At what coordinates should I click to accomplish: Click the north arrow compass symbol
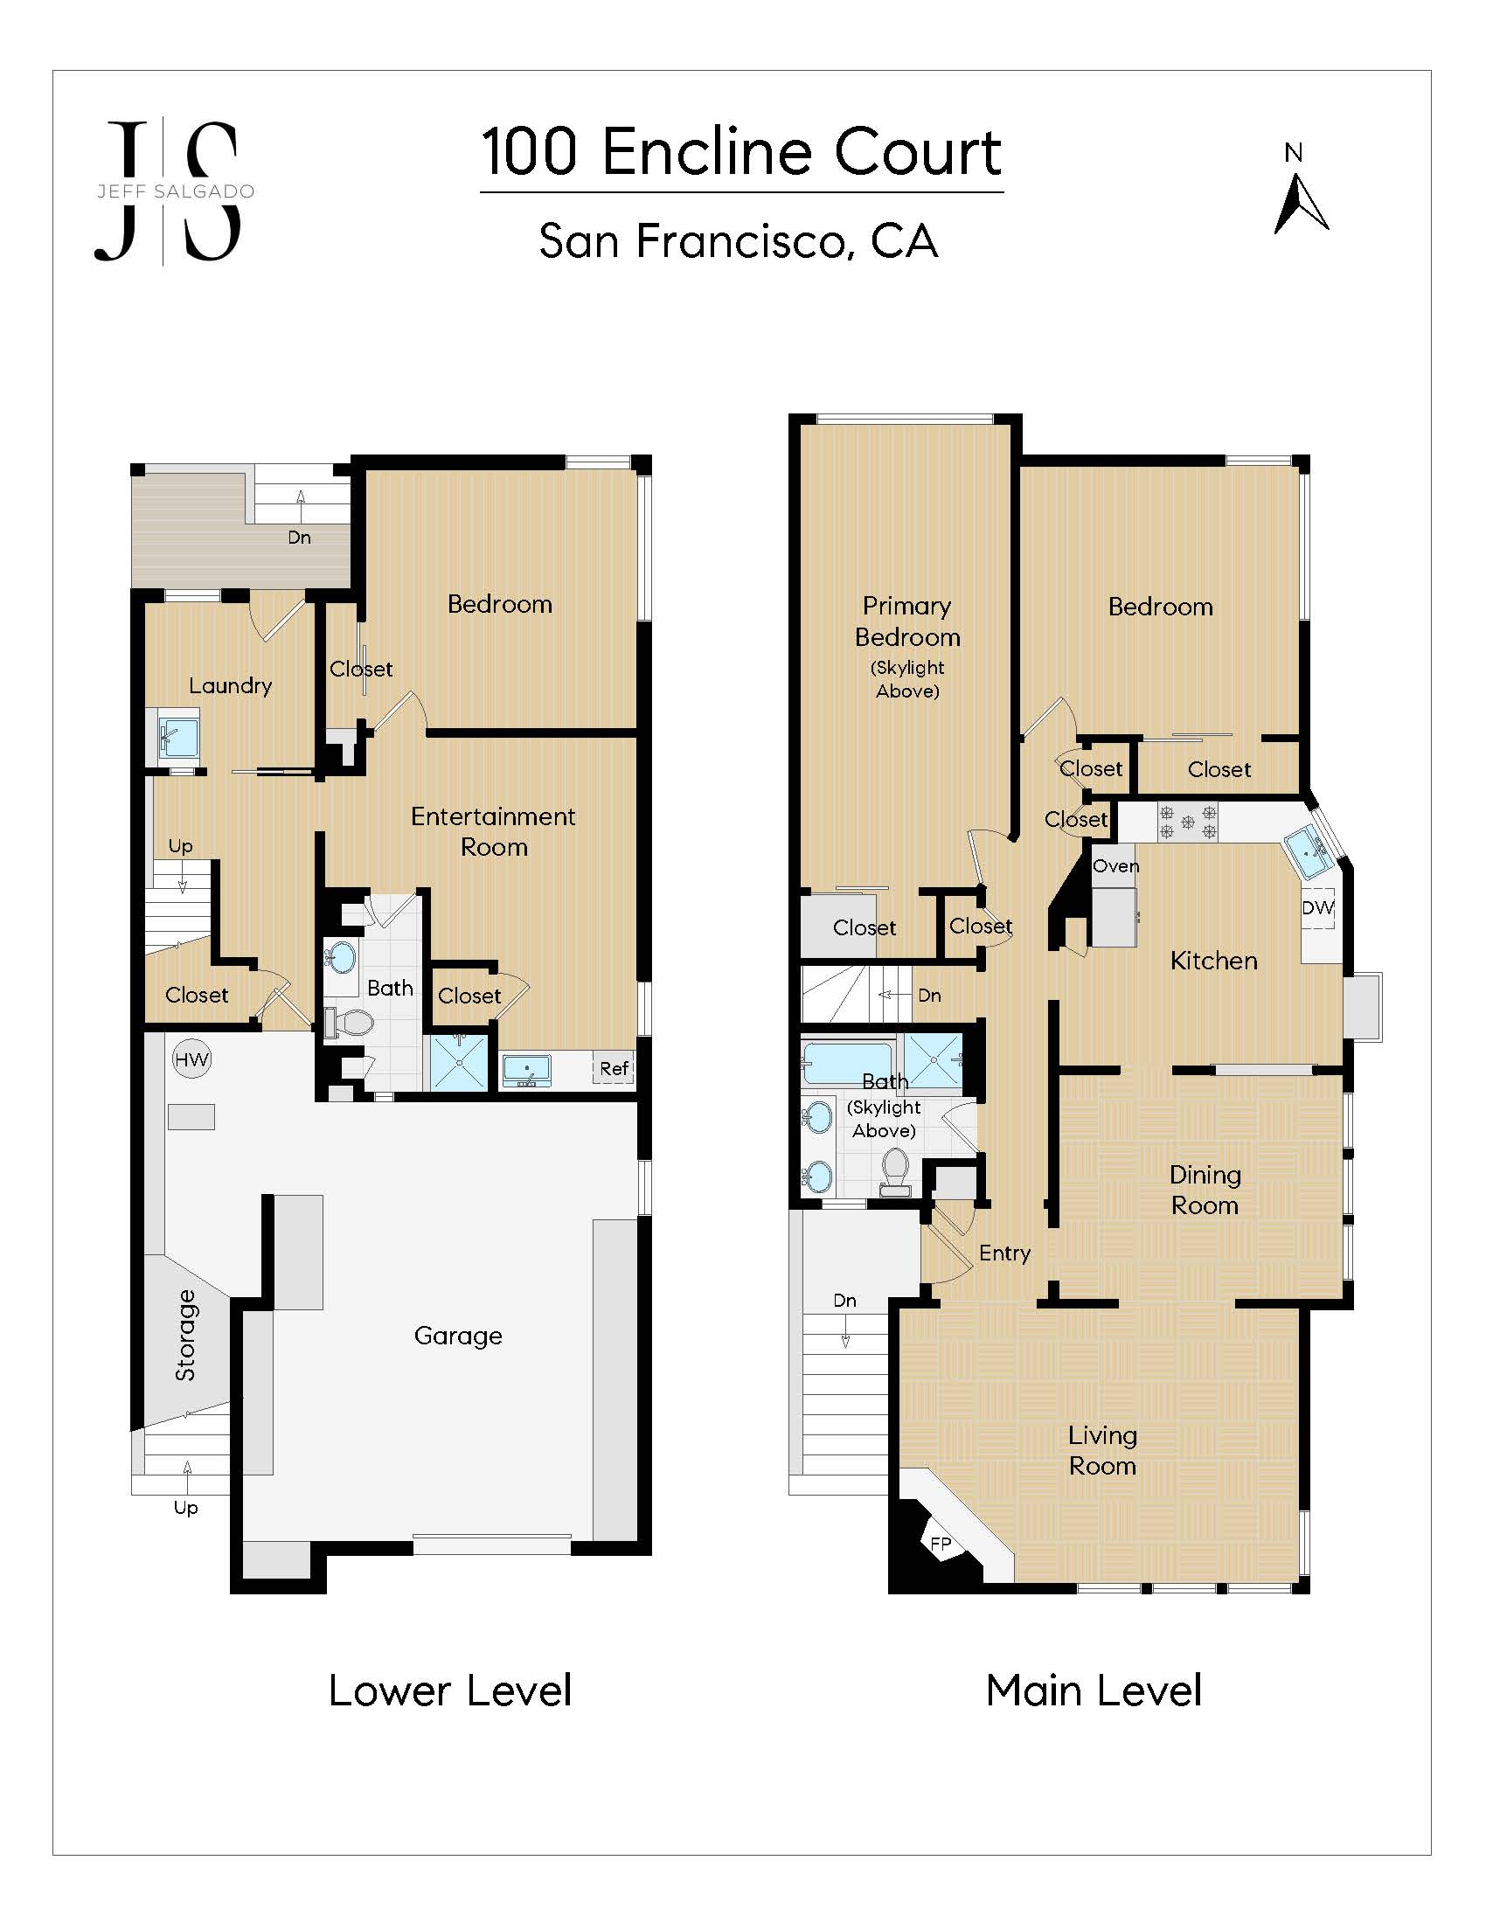pos(1301,204)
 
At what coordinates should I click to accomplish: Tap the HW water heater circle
pos(191,1059)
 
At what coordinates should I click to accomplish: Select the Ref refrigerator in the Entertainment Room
pos(614,1068)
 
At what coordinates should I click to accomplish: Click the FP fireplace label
pos(941,1544)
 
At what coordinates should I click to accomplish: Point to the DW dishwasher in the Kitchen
pos(1318,908)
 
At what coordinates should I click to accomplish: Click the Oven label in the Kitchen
pos(1116,865)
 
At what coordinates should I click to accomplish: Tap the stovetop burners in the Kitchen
pos(1187,823)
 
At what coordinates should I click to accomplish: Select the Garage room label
pos(458,1336)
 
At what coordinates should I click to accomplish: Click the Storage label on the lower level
pos(184,1335)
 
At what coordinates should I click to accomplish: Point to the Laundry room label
pos(231,685)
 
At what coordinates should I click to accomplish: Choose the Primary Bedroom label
pos(907,621)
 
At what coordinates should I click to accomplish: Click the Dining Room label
pos(1205,1190)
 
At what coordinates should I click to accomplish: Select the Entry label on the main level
pos(1004,1253)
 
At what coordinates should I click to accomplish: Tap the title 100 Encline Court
pos(741,152)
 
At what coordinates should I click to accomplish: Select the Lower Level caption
pos(450,1690)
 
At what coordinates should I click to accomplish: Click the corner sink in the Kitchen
pos(1309,852)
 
